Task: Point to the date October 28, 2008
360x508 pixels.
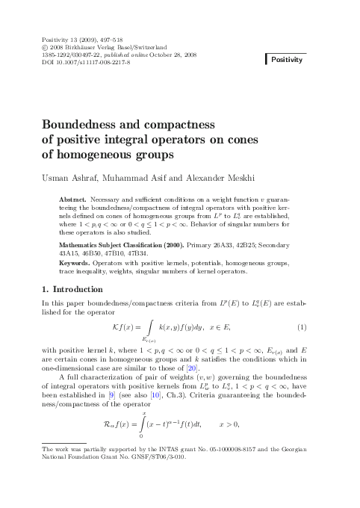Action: (172, 55)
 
